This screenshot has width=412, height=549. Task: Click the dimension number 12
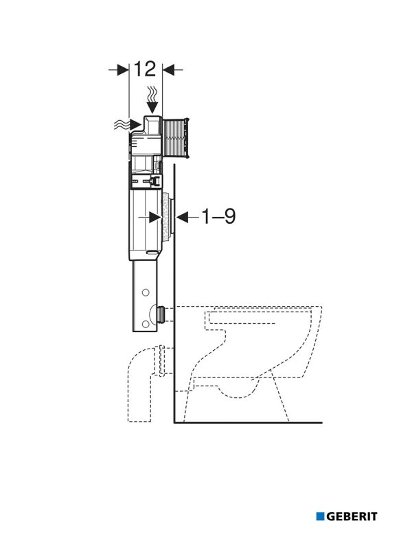[145, 69]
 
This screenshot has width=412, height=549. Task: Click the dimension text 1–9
[218, 216]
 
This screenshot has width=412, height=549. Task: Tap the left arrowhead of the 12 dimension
[123, 70]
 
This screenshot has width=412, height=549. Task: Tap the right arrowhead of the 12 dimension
[169, 70]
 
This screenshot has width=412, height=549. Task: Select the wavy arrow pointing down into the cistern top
[152, 99]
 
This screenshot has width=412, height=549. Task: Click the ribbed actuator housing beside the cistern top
[176, 138]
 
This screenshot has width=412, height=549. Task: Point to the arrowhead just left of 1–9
[183, 218]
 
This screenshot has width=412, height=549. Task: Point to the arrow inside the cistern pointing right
[149, 218]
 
